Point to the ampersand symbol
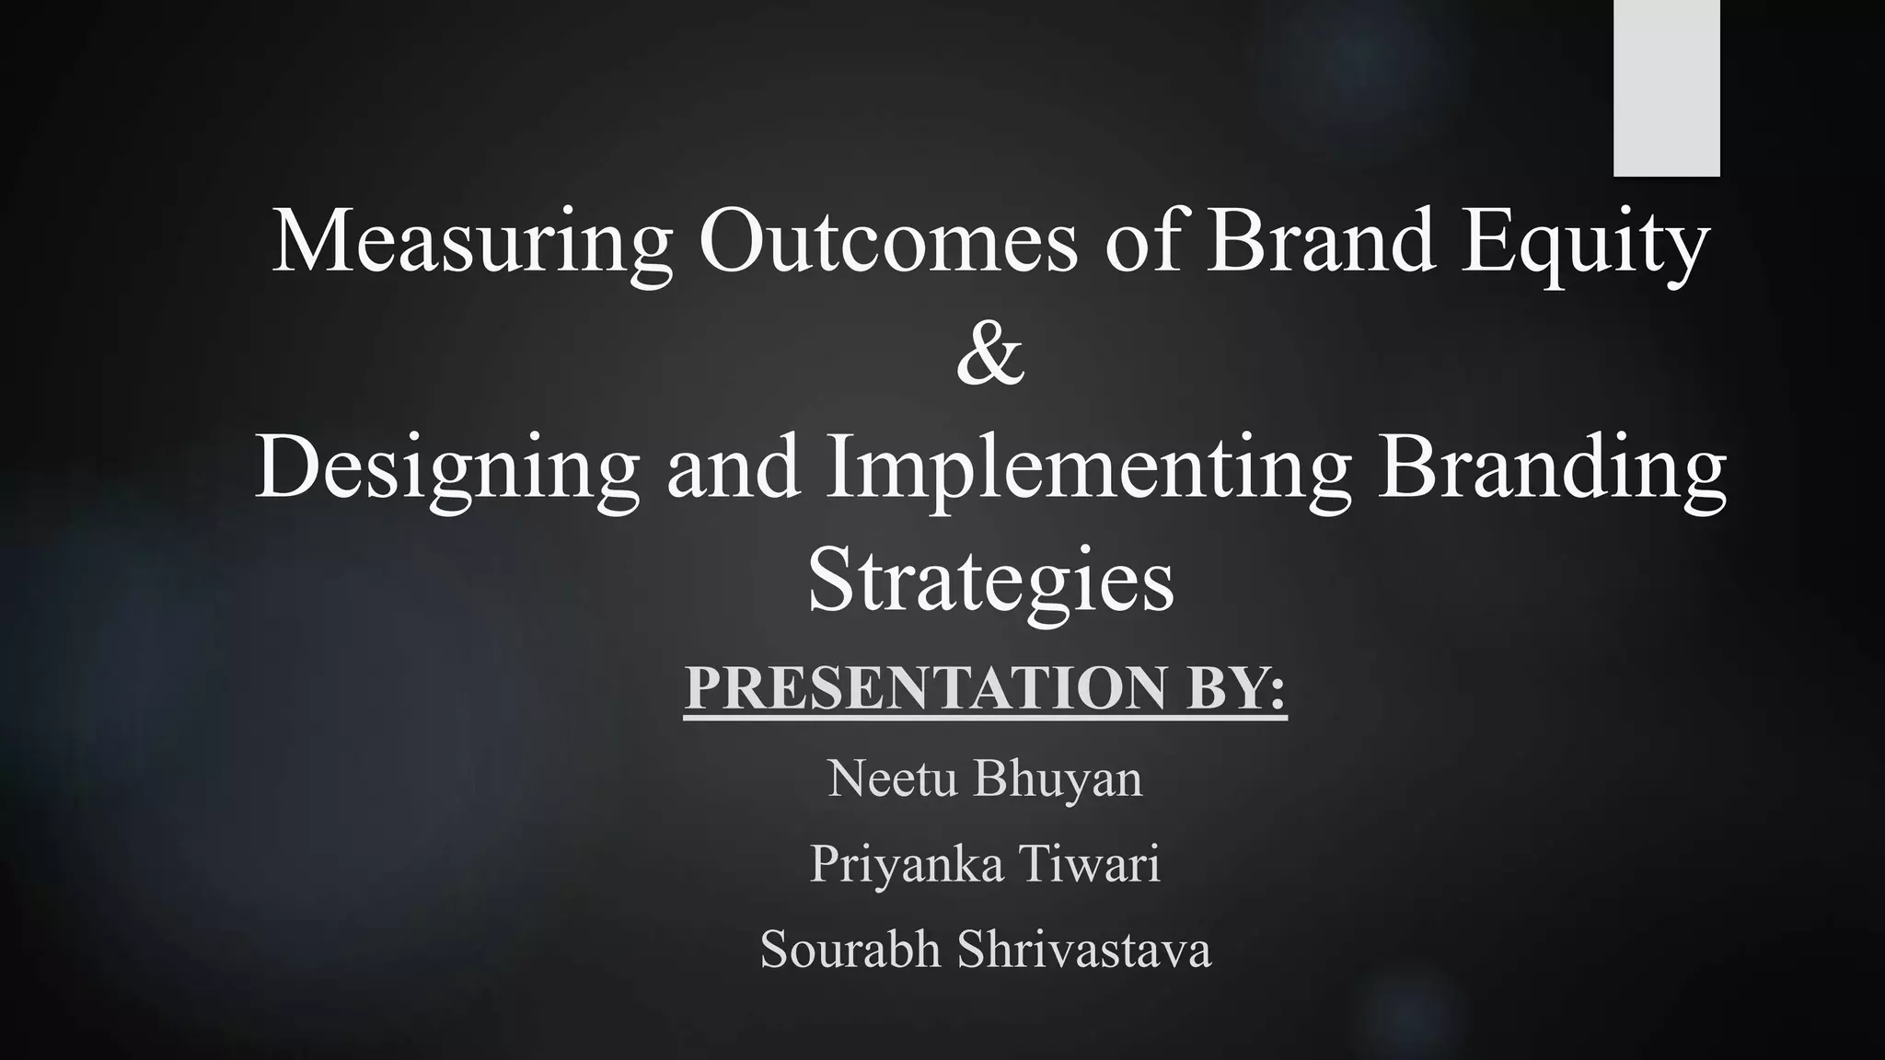pyautogui.click(x=990, y=354)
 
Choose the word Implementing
pyautogui.click(x=1087, y=469)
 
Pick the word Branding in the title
pyautogui.click(x=1551, y=469)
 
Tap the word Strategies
pyautogui.click(x=990, y=582)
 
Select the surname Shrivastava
pyautogui.click(x=1083, y=950)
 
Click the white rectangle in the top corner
pyautogui.click(x=1666, y=87)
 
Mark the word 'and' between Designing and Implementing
pyautogui.click(x=733, y=469)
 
